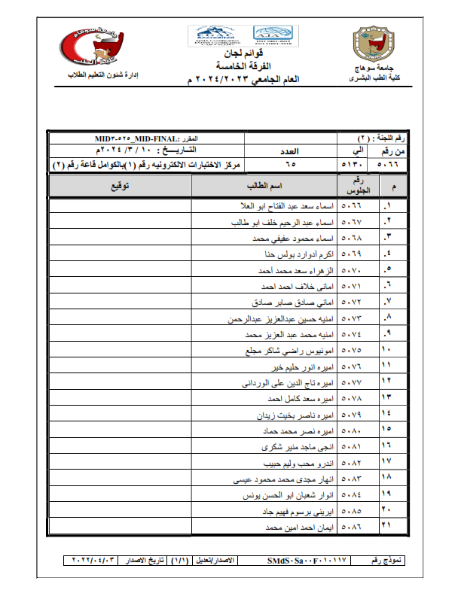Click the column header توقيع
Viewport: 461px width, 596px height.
click(120, 186)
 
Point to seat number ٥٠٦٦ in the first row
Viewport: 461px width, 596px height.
click(351, 205)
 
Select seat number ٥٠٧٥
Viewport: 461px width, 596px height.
click(351, 350)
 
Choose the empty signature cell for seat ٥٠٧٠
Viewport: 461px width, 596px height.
click(120, 269)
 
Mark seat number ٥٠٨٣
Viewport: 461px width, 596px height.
click(351, 479)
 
